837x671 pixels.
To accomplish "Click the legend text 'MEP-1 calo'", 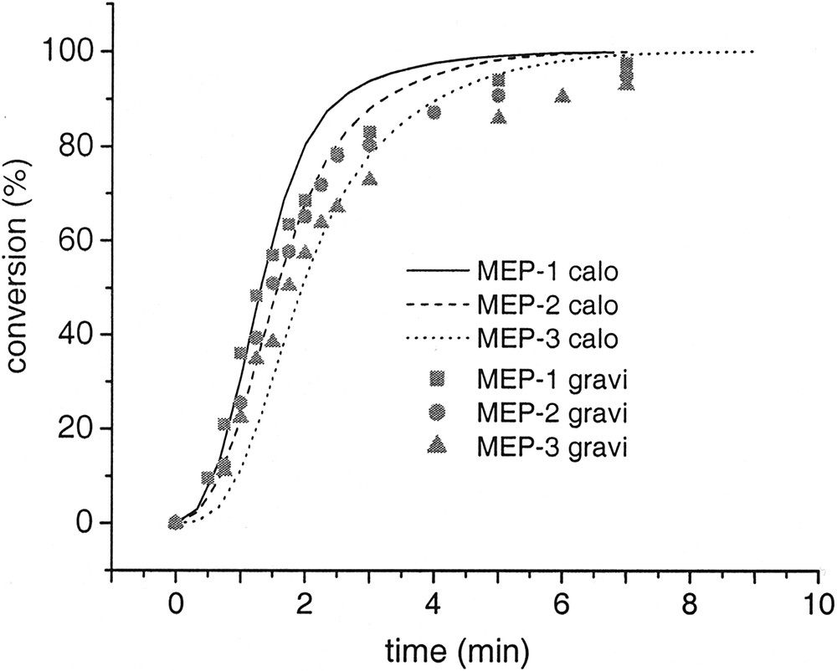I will [x=547, y=272].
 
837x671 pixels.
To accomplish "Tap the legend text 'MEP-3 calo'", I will [x=547, y=339].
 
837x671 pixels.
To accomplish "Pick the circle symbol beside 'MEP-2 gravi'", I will [x=437, y=412].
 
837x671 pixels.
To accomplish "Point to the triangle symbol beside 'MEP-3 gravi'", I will [x=437, y=446].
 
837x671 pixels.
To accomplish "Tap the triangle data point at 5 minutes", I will [x=499, y=117].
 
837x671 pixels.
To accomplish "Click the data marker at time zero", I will [x=176, y=522].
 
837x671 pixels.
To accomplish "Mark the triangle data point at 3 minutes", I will [x=370, y=178].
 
